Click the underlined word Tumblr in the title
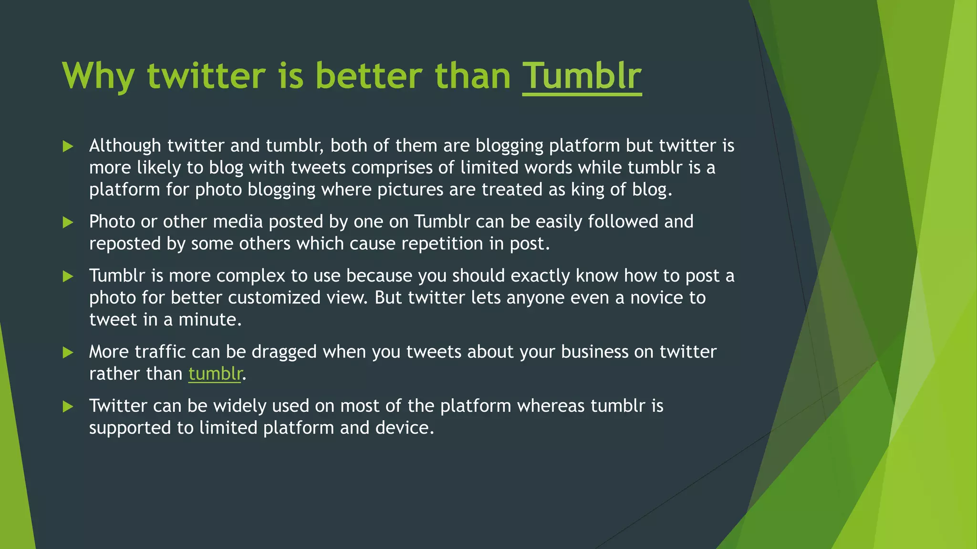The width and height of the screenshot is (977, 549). click(x=582, y=76)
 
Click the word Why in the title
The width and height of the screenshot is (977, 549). click(x=98, y=76)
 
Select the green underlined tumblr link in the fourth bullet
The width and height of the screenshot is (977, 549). click(x=215, y=374)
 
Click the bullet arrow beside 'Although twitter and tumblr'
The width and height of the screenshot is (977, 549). click(x=68, y=146)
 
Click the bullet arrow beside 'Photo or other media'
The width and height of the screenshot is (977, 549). click(x=68, y=222)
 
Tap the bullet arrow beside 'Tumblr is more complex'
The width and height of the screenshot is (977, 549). click(x=68, y=276)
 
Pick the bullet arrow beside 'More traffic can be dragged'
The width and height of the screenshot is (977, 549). click(x=68, y=353)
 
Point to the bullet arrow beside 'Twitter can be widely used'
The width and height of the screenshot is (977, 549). click(x=68, y=407)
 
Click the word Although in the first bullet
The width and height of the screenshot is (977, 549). click(x=125, y=146)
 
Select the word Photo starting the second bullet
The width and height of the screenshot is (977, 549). click(x=112, y=222)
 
